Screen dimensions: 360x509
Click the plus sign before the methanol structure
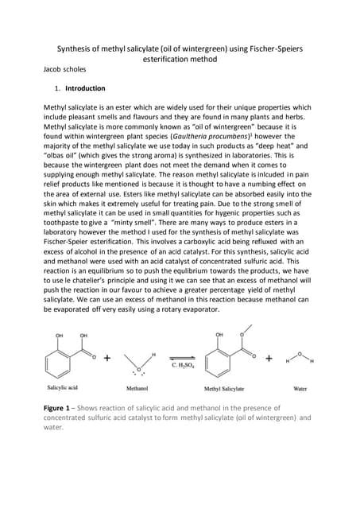pos(106,359)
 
